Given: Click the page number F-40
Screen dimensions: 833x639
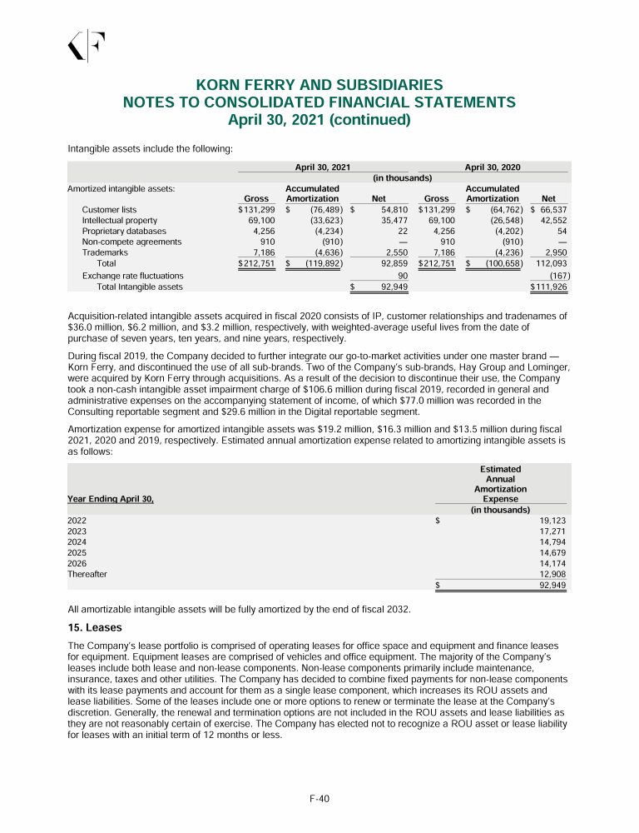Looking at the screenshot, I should pos(319,799).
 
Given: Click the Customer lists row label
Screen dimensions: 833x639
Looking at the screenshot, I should pos(109,210).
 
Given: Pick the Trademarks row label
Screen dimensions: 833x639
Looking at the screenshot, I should pos(105,252).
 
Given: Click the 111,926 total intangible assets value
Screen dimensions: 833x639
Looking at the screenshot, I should pos(551,287).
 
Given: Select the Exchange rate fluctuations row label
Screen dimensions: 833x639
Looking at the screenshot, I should pos(132,275).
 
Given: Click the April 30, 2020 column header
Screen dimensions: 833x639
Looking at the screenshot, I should pos(492,167).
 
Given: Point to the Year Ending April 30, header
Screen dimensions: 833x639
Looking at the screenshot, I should pos(111,499).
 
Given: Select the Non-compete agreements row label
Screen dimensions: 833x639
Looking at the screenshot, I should pos(131,242).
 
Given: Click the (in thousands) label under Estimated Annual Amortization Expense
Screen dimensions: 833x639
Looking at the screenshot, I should pos(500,510).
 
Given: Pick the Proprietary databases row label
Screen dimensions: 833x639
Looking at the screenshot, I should pos(124,231).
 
